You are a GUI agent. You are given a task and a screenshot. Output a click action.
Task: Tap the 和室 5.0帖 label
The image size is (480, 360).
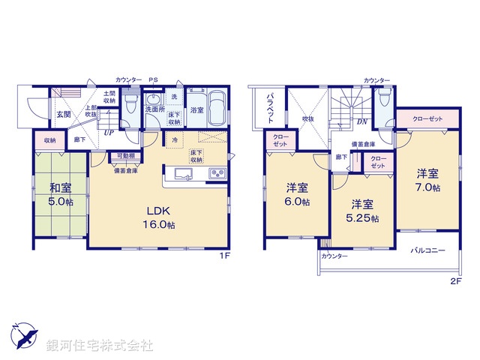pyautogui.click(x=61, y=195)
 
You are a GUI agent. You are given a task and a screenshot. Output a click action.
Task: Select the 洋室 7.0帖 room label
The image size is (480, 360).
pyautogui.click(x=428, y=180)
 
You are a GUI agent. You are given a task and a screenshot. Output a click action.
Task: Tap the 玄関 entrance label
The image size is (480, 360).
pyautogui.click(x=63, y=115)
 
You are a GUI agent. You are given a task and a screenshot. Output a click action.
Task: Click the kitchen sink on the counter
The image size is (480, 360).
pyautogui.click(x=184, y=174)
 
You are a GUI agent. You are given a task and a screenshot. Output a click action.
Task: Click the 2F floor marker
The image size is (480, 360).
pyautogui.click(x=455, y=281)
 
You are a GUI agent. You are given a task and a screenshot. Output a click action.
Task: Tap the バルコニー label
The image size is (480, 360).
pyautogui.click(x=427, y=250)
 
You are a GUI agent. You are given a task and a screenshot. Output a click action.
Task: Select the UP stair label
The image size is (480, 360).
pyautogui.click(x=109, y=132)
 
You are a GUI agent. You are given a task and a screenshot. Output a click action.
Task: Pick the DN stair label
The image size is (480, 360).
pyautogui.click(x=361, y=122)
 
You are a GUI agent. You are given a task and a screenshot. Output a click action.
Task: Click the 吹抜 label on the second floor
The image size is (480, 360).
pyautogui.click(x=307, y=118)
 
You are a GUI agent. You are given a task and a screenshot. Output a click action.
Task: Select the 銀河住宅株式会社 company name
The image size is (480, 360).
pyautogui.click(x=100, y=345)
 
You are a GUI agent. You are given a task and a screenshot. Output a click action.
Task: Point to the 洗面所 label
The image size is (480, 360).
pyautogui.click(x=154, y=109)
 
